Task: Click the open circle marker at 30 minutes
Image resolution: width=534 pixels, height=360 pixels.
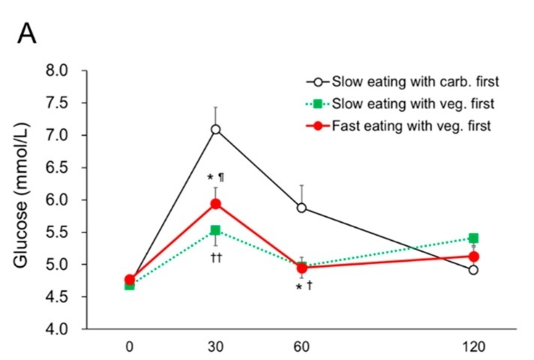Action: click(215, 130)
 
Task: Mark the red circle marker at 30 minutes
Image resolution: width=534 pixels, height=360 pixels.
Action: click(215, 204)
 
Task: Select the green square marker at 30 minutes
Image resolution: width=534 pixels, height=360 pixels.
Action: click(215, 230)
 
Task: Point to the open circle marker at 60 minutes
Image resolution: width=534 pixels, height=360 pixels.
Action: click(301, 208)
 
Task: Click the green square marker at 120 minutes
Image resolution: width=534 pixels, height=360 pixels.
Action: click(473, 238)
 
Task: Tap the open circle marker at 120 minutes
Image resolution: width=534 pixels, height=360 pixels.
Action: click(473, 270)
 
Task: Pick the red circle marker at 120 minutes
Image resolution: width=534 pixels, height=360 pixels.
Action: click(473, 256)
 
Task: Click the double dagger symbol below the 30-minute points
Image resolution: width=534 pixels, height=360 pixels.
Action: click(215, 257)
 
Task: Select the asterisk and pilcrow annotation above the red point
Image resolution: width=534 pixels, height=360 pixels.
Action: click(215, 178)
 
